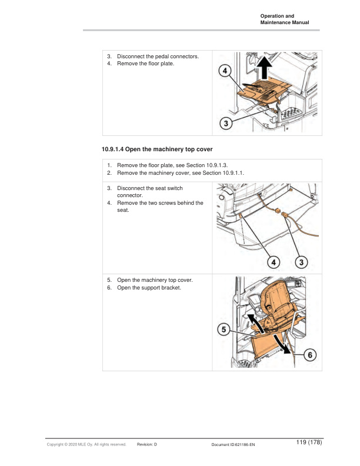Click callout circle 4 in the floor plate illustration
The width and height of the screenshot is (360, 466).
[225, 71]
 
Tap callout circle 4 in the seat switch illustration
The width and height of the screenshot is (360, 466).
[272, 261]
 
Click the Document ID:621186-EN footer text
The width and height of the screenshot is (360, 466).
[233, 445]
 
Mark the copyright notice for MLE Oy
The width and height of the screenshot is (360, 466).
[86, 445]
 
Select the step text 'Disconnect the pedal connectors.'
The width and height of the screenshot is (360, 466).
[158, 56]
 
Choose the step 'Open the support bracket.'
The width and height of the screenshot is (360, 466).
[149, 287]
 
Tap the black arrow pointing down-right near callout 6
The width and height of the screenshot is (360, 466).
[286, 349]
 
